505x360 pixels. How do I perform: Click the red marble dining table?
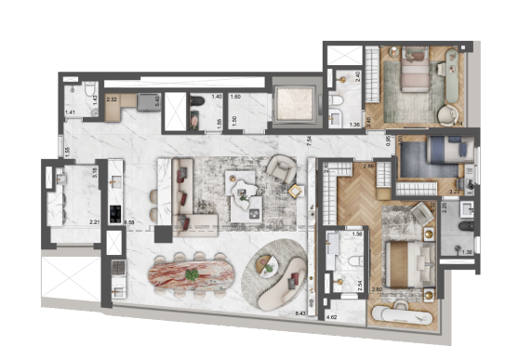pyautogui.click(x=193, y=276)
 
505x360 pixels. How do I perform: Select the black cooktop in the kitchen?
pyautogui.click(x=114, y=213)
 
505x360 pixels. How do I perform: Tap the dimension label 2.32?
pyautogui.click(x=111, y=98)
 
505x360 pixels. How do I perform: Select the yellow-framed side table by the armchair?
pyautogui.click(x=297, y=191)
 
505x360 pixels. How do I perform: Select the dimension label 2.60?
pyautogui.click(x=377, y=290)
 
